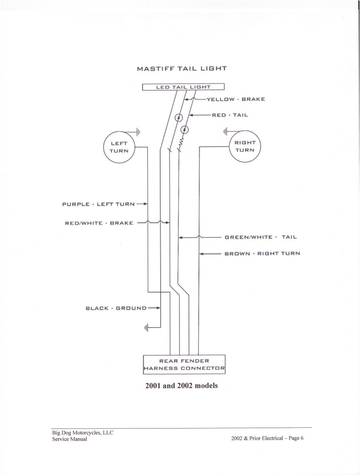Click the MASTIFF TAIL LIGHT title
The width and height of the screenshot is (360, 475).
(x=182, y=69)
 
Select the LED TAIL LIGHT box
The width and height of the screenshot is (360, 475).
(x=183, y=87)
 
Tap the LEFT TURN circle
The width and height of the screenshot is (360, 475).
(x=119, y=147)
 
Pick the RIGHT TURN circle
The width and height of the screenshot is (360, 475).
(x=245, y=146)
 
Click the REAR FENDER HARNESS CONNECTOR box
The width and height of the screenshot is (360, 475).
(x=184, y=364)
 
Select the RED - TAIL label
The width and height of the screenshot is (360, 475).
(x=230, y=115)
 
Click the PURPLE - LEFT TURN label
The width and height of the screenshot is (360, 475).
(x=98, y=204)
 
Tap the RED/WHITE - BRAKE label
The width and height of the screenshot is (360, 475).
(x=99, y=223)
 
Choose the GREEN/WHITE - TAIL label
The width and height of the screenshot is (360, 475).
(x=261, y=237)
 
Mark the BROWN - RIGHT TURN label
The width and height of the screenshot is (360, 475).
(x=262, y=254)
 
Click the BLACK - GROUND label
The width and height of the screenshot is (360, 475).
(x=116, y=308)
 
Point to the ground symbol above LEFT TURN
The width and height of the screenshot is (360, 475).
(x=137, y=131)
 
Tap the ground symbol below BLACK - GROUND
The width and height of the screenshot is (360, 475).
(x=146, y=328)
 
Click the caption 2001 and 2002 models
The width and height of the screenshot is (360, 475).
(x=181, y=386)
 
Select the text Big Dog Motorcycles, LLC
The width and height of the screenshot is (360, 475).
(x=83, y=432)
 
